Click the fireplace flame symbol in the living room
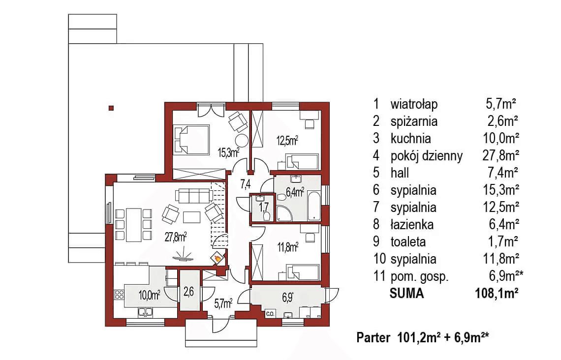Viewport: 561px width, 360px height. point(216,257)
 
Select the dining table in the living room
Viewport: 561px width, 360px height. point(133,225)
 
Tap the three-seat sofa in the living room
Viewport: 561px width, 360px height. point(194,196)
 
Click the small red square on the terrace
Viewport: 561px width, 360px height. point(111,108)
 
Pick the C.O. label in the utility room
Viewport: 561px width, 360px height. point(270,313)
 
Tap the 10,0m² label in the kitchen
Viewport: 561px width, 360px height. point(149,295)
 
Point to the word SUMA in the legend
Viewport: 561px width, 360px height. point(406,294)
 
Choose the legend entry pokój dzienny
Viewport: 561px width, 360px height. point(426,156)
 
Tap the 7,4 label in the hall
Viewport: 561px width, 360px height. point(246,185)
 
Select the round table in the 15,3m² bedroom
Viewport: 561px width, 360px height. point(242,127)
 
